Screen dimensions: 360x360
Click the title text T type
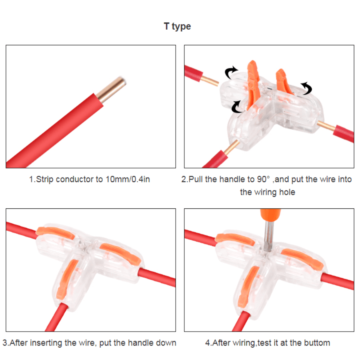point(177,26)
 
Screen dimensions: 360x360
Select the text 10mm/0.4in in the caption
point(128,179)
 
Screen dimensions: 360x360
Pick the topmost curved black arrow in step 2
point(231,72)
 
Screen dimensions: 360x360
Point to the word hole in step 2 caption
point(286,192)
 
